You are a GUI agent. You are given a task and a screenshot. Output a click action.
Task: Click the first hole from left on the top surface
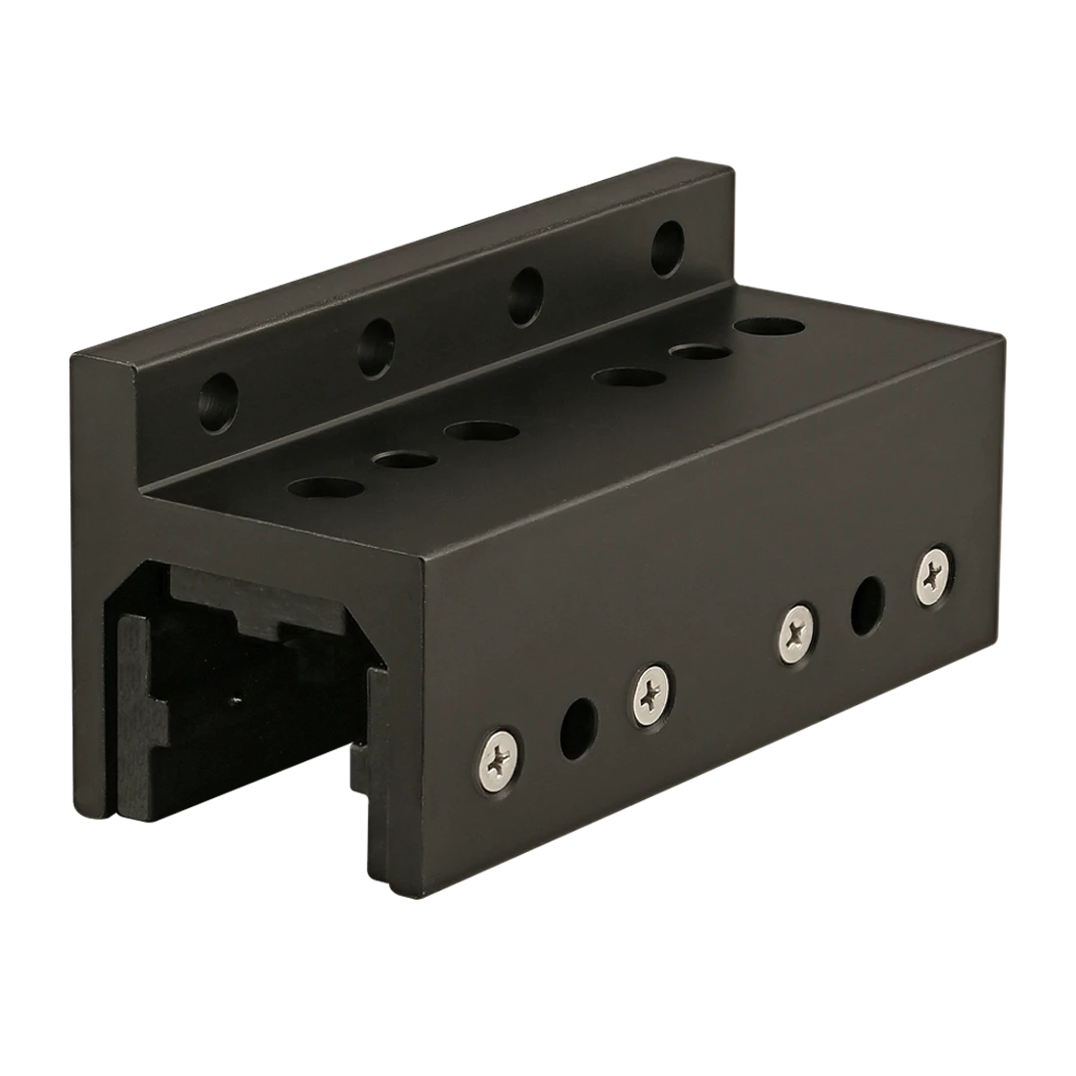click(324, 486)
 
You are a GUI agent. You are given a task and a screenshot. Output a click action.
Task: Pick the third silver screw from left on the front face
click(798, 629)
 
